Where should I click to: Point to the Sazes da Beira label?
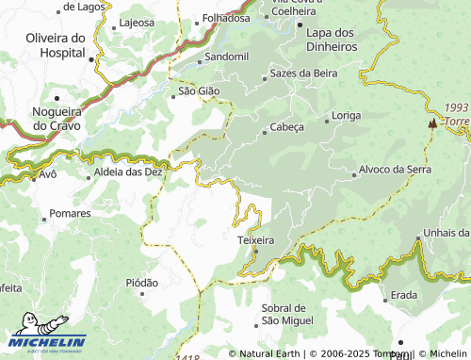click(301, 73)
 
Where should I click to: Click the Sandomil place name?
click(226, 57)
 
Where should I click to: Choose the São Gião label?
click(199, 91)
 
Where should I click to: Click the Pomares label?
click(71, 214)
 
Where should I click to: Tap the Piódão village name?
click(141, 282)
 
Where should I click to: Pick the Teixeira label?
click(254, 240)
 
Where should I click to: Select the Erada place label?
click(404, 295)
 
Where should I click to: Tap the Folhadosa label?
click(226, 18)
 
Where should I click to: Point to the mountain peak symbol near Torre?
click(432, 123)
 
